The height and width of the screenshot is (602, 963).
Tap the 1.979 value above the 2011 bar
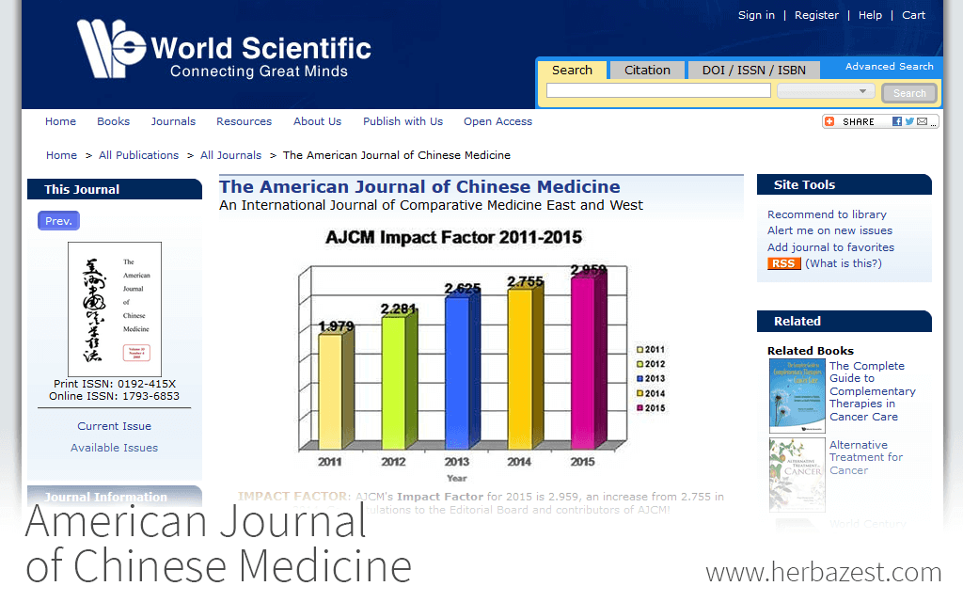coord(336,326)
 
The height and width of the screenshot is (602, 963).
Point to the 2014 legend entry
coord(651,393)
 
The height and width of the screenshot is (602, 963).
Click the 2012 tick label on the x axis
coord(394,462)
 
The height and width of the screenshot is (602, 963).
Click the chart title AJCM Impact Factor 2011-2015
coord(453,238)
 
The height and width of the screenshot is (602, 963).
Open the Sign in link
coord(756,15)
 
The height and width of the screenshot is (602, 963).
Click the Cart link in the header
coord(913,15)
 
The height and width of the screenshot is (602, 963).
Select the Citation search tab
coord(647,71)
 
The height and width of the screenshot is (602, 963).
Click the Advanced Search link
coord(889,67)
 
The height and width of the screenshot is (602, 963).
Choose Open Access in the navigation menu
coord(497,121)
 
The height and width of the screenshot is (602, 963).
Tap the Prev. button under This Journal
coord(58,221)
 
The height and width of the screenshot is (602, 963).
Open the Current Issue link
coord(114,426)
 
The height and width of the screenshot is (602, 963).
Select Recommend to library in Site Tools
coord(827,214)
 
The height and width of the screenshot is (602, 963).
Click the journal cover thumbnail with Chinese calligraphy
coord(114,309)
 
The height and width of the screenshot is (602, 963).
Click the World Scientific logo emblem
coord(111,48)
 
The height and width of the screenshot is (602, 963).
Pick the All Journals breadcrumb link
coord(230,155)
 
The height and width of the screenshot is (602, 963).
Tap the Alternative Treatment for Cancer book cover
coord(797,474)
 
